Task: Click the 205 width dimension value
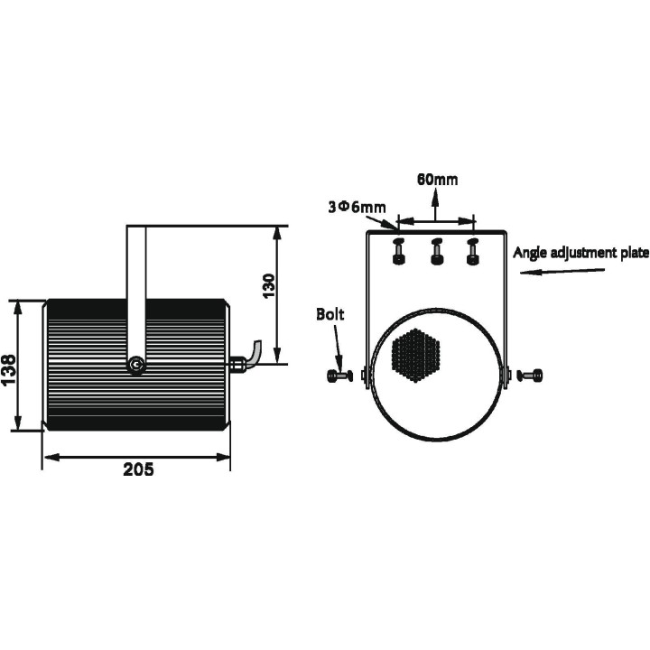point(138,469)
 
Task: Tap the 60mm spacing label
point(437,179)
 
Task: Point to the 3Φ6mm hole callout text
point(357,207)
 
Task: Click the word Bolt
point(330,315)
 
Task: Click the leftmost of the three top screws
point(398,252)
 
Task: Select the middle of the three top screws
point(436,252)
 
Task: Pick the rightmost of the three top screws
point(471,252)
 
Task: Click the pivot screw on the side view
point(136,365)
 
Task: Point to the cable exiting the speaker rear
point(253,354)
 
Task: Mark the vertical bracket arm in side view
point(136,280)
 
